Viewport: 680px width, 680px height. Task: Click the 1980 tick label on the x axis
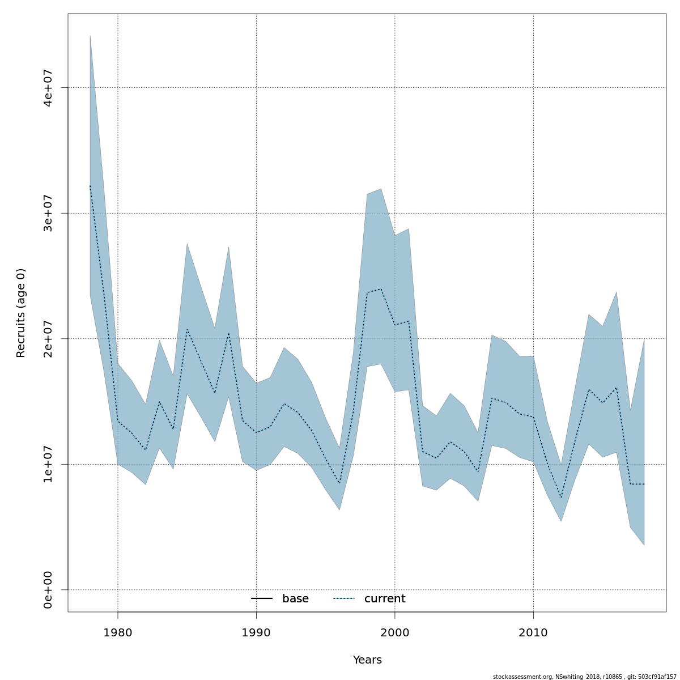pos(117,632)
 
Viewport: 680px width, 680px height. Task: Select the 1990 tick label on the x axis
pos(256,632)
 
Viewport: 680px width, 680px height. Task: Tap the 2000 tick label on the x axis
pos(395,632)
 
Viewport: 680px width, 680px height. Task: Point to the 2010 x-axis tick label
pos(533,632)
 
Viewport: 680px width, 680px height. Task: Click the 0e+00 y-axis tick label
pos(48,590)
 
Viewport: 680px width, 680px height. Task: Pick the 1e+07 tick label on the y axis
pos(48,464)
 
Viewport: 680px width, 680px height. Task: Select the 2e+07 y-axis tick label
pos(48,338)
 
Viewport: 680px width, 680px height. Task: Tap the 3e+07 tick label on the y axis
pos(48,213)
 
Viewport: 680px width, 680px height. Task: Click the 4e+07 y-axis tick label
pos(48,87)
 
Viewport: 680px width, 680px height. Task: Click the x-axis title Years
pos(367,660)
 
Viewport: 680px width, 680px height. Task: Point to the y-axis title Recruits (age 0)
pos(21,313)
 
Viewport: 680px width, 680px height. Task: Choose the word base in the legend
pos(295,599)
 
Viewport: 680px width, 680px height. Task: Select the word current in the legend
pos(385,599)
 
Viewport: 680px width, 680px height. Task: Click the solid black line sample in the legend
pos(262,599)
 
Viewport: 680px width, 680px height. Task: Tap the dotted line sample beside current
pos(343,599)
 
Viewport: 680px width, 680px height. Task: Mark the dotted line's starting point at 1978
pos(90,185)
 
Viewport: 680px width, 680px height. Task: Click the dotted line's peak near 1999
pos(381,289)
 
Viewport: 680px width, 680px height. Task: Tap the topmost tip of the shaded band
pos(90,36)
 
